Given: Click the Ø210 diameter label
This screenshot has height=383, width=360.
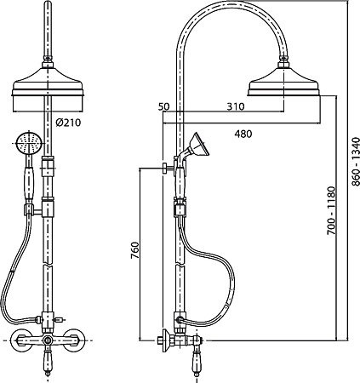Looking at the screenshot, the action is point(68,123).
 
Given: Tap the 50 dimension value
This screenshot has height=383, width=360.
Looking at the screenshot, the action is point(163,107).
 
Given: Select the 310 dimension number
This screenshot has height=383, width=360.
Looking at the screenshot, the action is point(236,106).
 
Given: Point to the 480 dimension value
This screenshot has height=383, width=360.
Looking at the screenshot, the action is point(243,134).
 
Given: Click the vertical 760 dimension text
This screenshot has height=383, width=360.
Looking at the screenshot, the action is point(135,250).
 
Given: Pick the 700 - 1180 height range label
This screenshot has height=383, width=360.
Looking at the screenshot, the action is point(331,210).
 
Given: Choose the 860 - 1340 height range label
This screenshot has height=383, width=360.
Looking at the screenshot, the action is point(355,162).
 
